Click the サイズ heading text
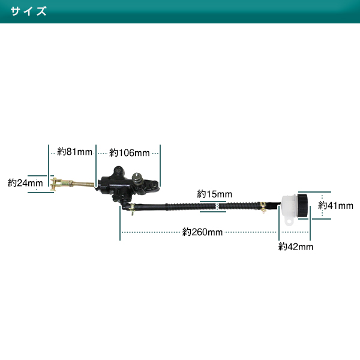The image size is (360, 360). click(28, 11)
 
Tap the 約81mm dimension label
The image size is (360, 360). click(74, 152)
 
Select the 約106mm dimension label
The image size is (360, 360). click(129, 152)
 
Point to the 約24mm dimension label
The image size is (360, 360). click(25, 183)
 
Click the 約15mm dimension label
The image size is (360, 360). click(214, 194)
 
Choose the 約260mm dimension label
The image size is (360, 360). click(202, 232)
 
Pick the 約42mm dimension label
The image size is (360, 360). click(296, 247)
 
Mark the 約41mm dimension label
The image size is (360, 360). click(335, 205)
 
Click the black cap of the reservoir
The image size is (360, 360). click(302, 205)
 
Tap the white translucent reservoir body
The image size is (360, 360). click(289, 206)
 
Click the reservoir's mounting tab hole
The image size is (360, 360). click(289, 222)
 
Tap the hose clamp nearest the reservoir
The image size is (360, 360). click(263, 207)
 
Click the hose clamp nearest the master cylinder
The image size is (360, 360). click(132, 208)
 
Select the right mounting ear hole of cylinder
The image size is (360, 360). click(154, 184)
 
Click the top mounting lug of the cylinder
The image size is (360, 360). click(119, 171)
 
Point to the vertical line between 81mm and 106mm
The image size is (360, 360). click(96, 166)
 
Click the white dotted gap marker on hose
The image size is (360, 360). click(217, 206)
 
